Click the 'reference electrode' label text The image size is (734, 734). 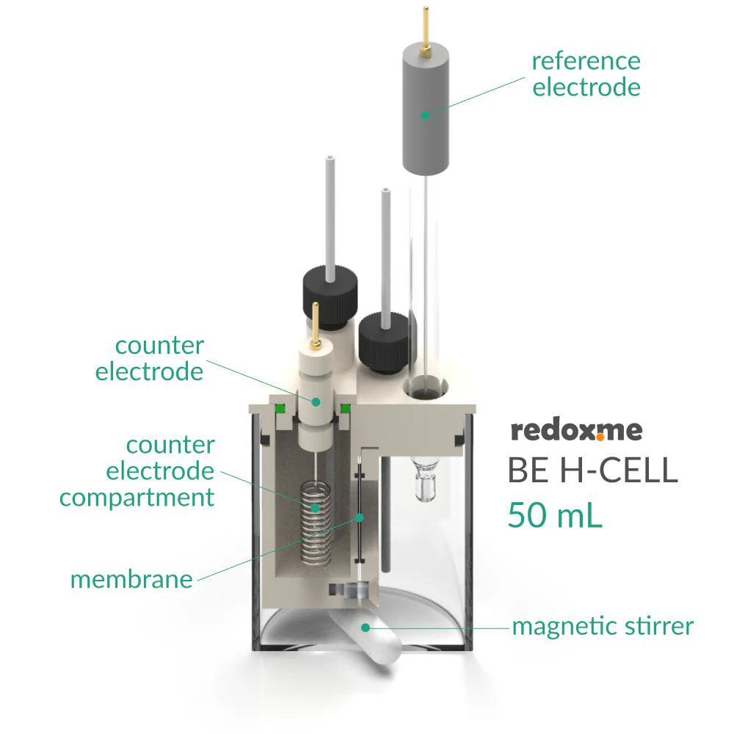coord(586,74)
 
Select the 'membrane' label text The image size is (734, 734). coord(131,579)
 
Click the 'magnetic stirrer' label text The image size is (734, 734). coord(602,627)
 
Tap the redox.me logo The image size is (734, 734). coord(576,431)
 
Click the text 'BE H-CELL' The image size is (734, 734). coord(592,471)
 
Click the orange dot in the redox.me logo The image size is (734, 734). coord(600,437)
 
